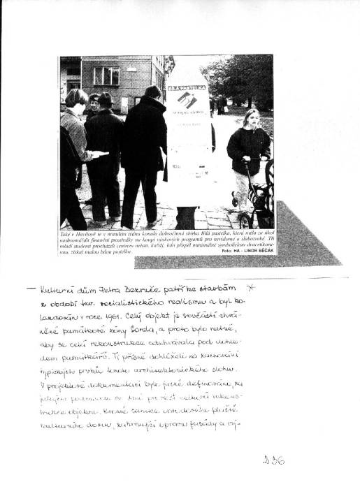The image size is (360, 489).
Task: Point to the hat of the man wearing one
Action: click(x=106, y=98)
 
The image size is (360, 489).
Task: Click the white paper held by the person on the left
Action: click(x=100, y=153)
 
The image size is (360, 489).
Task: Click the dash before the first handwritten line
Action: click(x=29, y=289)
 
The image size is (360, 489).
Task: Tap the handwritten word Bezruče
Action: click(x=146, y=289)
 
